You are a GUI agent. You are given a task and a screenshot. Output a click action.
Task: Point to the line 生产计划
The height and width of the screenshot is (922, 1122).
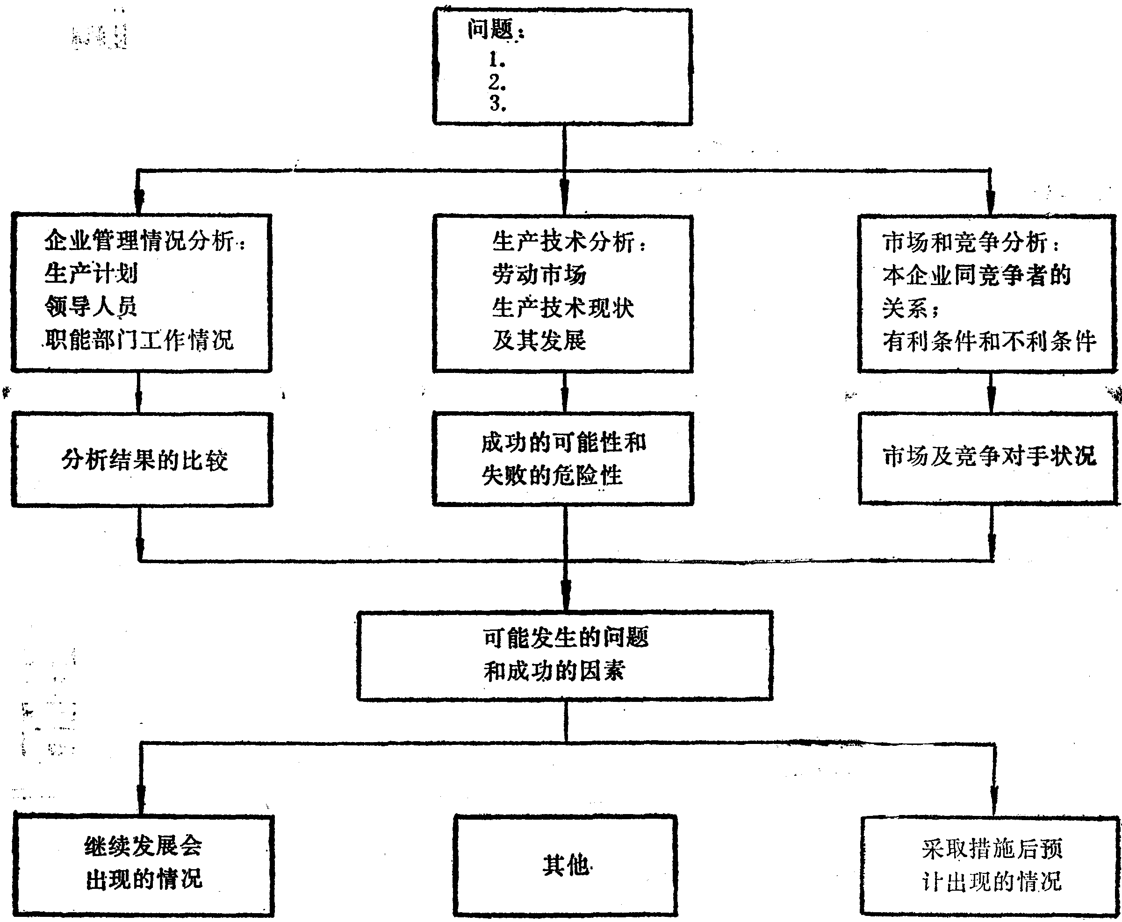(91, 274)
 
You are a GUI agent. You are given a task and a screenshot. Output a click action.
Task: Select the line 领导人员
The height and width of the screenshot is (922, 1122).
(91, 307)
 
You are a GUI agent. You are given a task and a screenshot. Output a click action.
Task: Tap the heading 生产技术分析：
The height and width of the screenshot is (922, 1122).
(569, 242)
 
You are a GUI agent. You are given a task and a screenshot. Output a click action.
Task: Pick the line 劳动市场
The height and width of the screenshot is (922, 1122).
(539, 275)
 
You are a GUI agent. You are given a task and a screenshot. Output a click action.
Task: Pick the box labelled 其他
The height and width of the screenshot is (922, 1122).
(565, 866)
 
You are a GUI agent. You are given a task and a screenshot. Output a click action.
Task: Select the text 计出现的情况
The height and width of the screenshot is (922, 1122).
(991, 882)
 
